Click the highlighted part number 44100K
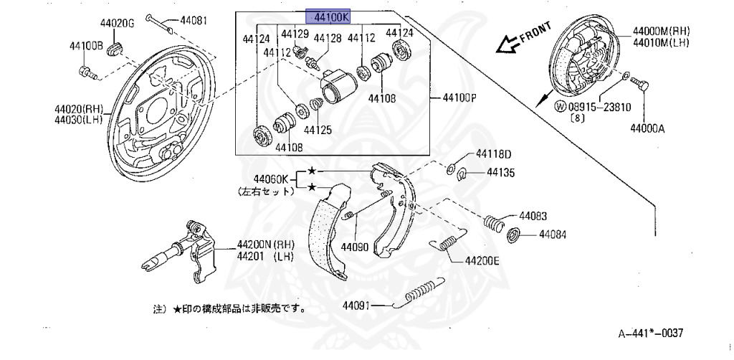pyautogui.click(x=332, y=16)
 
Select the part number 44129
pyautogui.click(x=295, y=34)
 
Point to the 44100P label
pyautogui.click(x=457, y=98)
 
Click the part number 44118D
pyautogui.click(x=494, y=154)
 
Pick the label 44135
pyautogui.click(x=500, y=172)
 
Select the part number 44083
pyautogui.click(x=533, y=215)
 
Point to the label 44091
pyautogui.click(x=356, y=305)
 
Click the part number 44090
pyautogui.click(x=355, y=247)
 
